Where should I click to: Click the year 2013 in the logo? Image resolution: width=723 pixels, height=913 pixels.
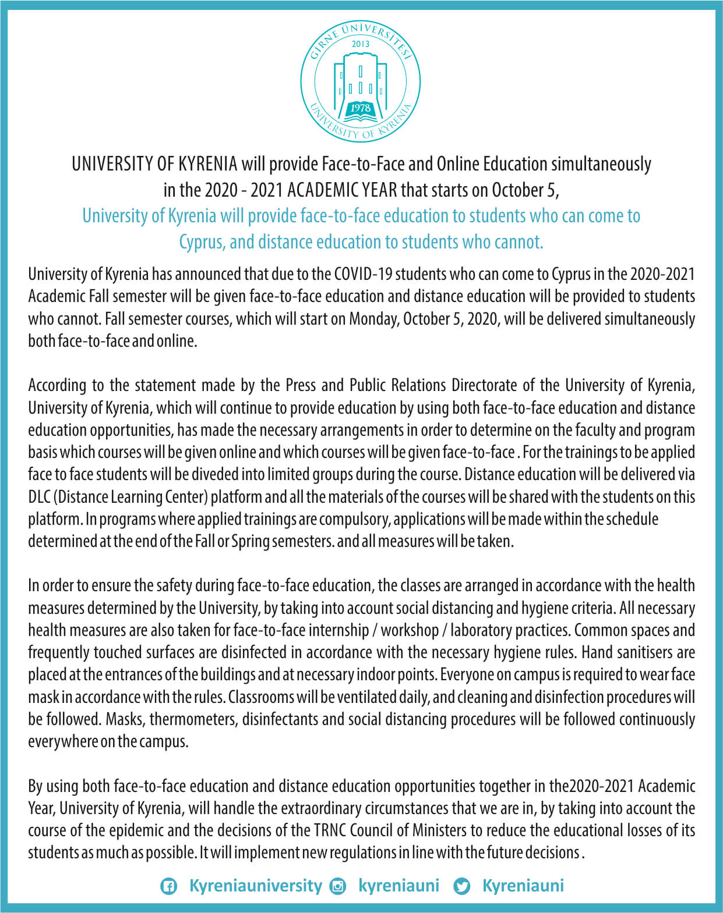[x=361, y=44]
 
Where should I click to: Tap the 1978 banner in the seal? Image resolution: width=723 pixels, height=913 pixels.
[x=361, y=108]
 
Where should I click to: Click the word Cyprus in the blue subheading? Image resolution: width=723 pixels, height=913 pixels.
[x=201, y=241]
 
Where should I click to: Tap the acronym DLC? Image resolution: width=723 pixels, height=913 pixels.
[x=39, y=497]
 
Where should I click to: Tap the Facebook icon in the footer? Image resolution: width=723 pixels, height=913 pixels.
[x=169, y=887]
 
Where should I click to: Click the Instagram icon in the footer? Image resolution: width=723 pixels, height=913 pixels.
[x=337, y=887]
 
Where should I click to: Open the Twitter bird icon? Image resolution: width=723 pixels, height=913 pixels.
[x=462, y=887]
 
